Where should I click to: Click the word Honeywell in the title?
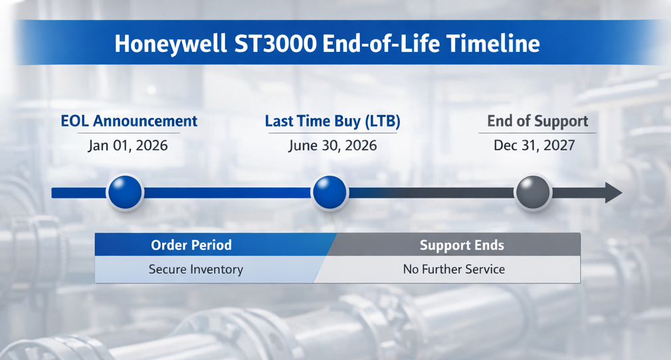[x=170, y=44]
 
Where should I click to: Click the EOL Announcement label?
[x=129, y=121]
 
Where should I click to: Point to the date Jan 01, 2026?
[x=128, y=145]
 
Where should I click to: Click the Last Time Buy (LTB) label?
[x=332, y=121]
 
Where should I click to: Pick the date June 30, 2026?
[x=332, y=145]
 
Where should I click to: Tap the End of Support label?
[x=537, y=121]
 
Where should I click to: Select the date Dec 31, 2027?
[x=534, y=145]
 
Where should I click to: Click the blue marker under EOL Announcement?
[x=125, y=193]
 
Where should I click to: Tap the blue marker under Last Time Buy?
[x=330, y=193]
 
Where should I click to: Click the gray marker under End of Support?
[x=533, y=193]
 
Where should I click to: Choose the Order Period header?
[x=191, y=245]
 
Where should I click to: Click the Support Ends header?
[x=462, y=245]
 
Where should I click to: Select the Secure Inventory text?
[x=196, y=269]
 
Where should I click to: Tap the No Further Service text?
[x=454, y=269]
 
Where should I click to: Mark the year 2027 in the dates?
[x=558, y=145]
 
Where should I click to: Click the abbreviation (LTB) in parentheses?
[x=383, y=121]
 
